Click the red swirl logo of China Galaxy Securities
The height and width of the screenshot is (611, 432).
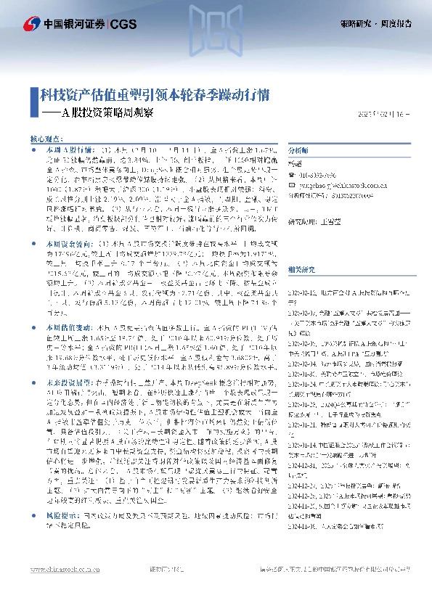[31, 22]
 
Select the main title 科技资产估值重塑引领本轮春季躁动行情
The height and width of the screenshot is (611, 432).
[155, 95]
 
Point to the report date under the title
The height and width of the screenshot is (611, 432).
[388, 115]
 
